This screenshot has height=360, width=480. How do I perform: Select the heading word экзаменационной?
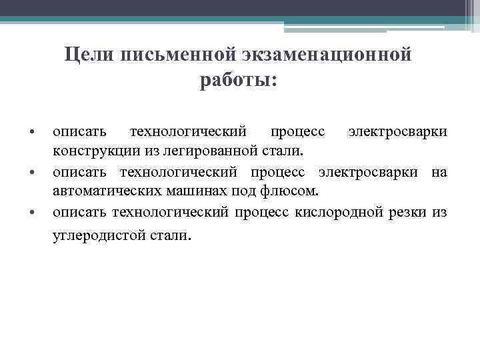(318, 55)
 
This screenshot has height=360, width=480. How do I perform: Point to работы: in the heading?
(238, 80)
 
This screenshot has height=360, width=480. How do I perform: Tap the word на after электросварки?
(439, 173)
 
